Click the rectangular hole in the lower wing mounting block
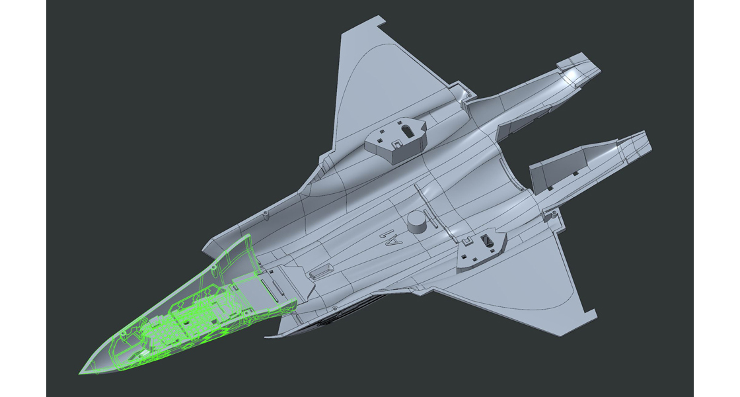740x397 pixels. click(x=490, y=240)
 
